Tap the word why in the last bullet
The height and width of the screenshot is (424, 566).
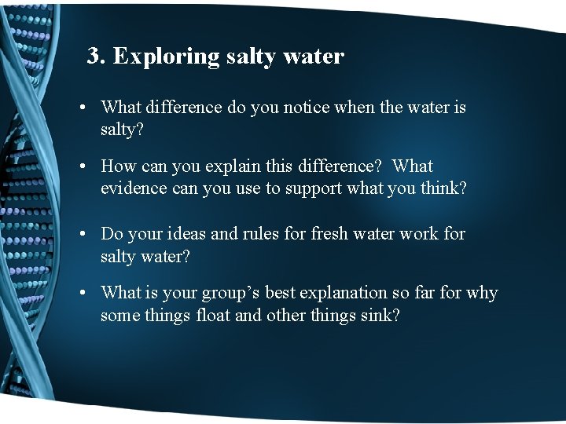(482, 294)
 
